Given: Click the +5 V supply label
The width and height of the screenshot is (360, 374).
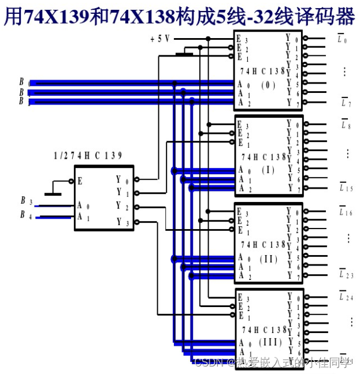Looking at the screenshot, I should click(160, 39).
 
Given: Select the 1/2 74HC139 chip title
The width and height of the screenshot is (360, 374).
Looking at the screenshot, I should click(88, 156).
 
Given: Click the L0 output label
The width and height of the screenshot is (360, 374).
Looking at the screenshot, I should click(342, 40).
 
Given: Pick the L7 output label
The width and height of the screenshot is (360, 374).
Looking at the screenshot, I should click(346, 103).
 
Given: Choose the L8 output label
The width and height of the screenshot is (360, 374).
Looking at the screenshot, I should click(345, 124).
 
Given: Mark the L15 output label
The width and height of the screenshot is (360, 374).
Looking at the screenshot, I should click(346, 188).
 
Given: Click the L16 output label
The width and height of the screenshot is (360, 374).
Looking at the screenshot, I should click(346, 212).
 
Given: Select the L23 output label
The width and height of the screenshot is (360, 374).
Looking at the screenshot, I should click(346, 275).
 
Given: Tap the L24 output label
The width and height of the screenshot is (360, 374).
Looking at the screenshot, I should click(346, 297).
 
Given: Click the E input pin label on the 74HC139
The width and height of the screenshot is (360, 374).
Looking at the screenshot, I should click(80, 181).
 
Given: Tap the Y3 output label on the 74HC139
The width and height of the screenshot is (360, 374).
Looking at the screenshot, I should click(120, 222).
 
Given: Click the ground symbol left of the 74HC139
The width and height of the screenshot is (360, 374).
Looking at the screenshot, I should click(53, 193).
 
